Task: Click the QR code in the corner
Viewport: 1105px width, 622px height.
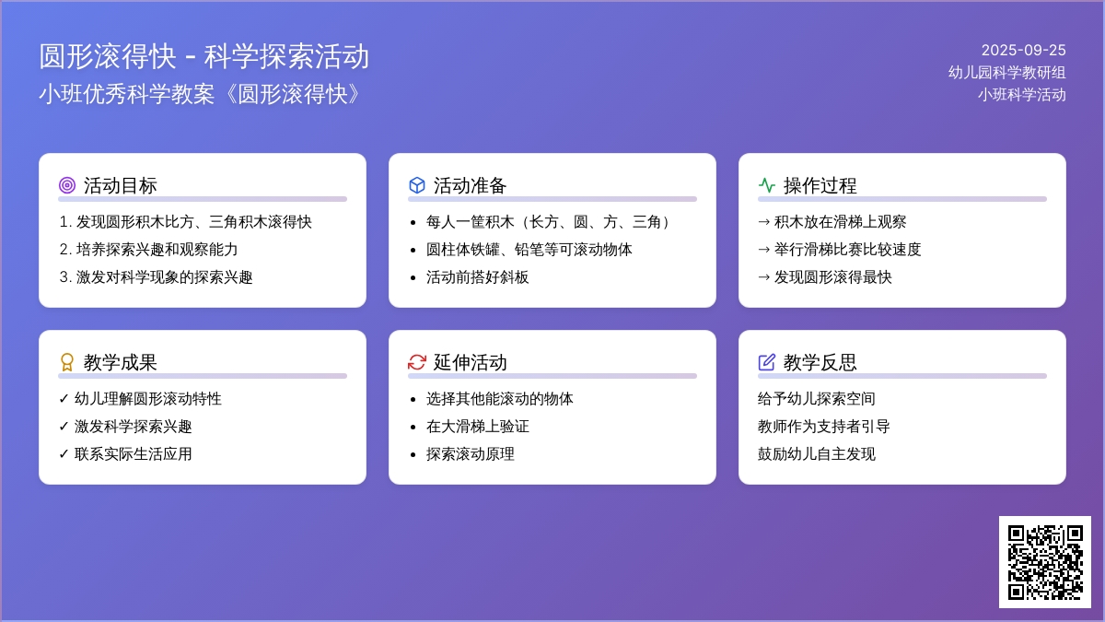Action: [x=1045, y=562]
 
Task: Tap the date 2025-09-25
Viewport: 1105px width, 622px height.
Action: [x=1023, y=51]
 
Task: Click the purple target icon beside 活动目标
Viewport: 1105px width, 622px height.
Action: [x=67, y=185]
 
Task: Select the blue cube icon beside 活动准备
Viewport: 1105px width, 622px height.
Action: [x=417, y=185]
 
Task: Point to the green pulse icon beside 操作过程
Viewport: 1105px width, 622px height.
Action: [x=766, y=185]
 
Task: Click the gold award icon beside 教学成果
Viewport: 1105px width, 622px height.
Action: [x=67, y=362]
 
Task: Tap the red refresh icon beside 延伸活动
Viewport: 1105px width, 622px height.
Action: [x=417, y=362]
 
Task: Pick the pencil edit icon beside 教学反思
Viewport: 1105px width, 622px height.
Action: [x=766, y=362]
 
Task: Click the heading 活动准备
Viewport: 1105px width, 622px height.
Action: [x=470, y=185]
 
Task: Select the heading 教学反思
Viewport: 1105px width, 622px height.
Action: [x=820, y=362]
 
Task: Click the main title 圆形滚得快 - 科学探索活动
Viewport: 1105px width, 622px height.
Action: [x=204, y=56]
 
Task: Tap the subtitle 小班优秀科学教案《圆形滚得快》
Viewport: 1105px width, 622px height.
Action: [x=202, y=94]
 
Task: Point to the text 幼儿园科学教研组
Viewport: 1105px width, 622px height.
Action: [x=1006, y=73]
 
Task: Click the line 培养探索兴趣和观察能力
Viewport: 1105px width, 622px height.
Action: [x=157, y=250]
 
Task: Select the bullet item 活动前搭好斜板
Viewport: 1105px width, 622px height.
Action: [x=478, y=277]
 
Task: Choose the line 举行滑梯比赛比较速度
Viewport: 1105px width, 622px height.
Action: [x=847, y=250]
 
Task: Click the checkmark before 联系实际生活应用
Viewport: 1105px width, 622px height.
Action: [x=64, y=454]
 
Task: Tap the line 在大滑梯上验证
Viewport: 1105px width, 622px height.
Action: [x=478, y=426]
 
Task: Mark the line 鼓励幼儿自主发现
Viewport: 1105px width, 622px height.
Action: [x=817, y=453]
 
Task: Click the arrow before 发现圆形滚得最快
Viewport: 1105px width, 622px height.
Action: [x=763, y=277]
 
